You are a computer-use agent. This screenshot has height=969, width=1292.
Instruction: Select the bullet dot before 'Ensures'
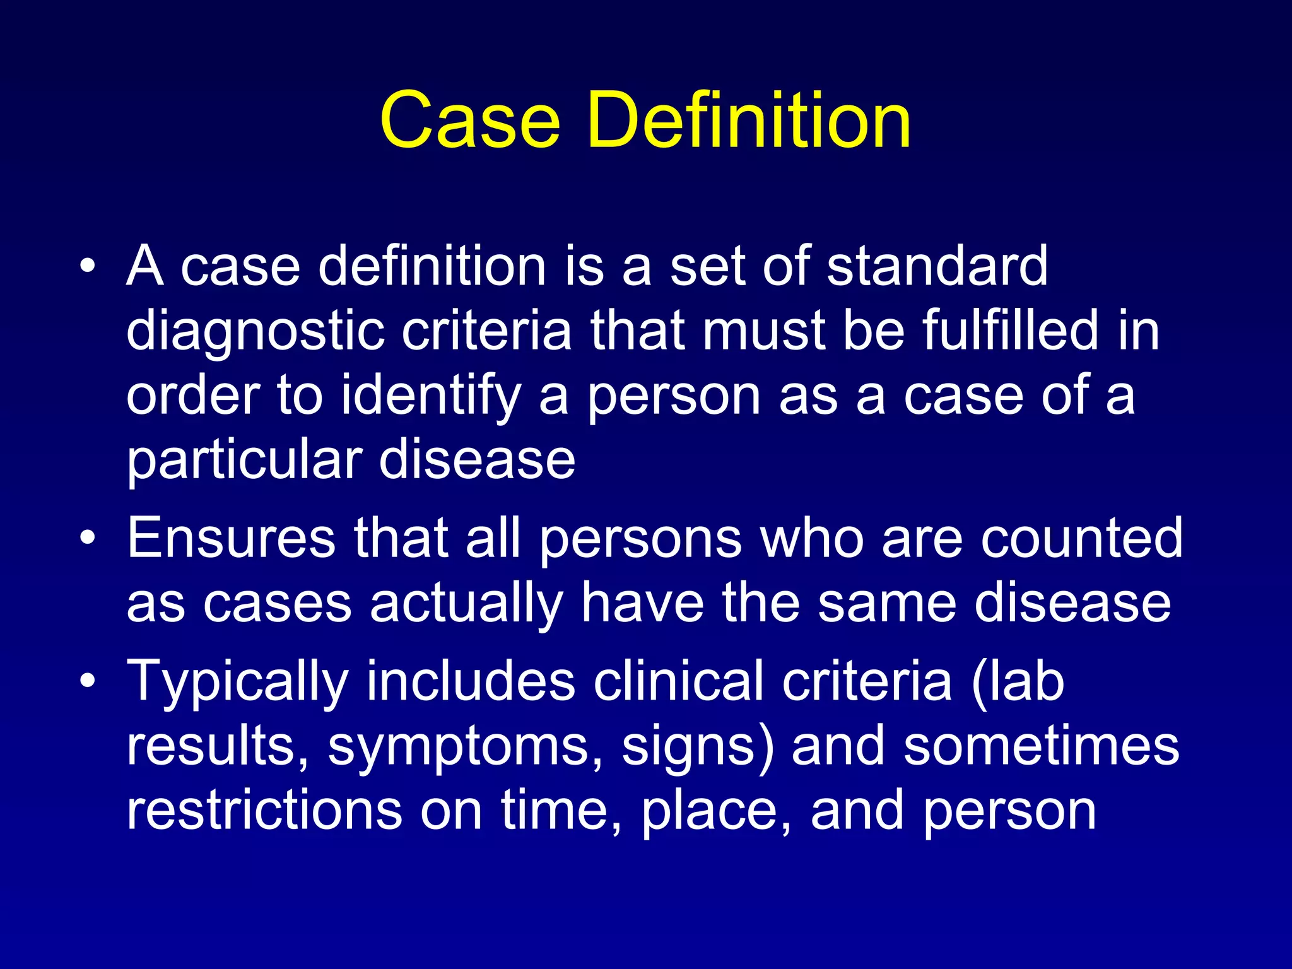click(x=88, y=538)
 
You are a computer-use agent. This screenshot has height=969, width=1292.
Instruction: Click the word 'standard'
click(x=937, y=266)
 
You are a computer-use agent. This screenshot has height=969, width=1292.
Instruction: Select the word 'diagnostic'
click(x=255, y=331)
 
